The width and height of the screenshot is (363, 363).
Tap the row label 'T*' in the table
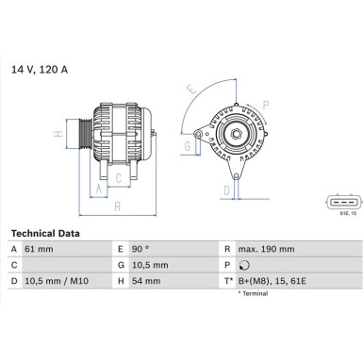[228, 282]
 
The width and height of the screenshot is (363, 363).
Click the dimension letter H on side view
[58, 135]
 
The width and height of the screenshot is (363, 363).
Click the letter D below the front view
[226, 190]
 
